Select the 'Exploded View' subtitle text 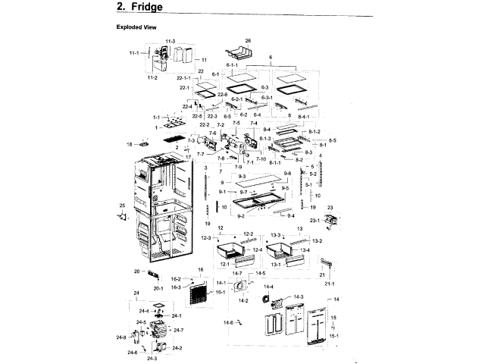[x=136, y=27]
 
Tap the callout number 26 [x=247, y=39]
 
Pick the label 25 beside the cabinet [x=122, y=206]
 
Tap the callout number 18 [x=130, y=143]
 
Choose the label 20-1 [x=158, y=288]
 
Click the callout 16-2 [x=175, y=279]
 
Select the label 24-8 [x=121, y=337]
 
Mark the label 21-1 [x=330, y=284]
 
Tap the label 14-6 [x=228, y=323]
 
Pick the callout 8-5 [x=333, y=140]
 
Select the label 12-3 [x=205, y=238]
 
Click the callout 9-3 [x=242, y=176]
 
